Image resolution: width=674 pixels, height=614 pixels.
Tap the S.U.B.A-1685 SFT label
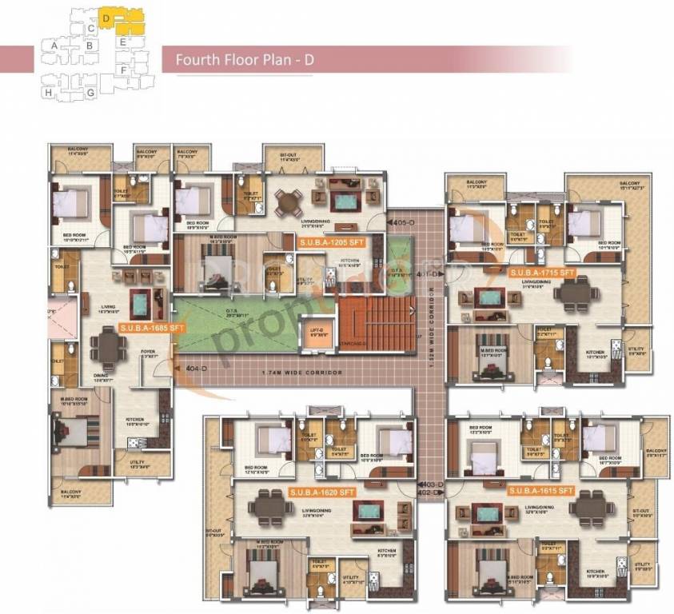153,328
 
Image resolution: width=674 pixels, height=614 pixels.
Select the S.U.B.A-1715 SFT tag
543,273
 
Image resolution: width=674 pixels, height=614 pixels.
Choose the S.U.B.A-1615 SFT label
542,488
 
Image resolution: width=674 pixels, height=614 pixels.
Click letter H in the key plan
50,93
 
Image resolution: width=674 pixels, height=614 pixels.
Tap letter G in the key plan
91,93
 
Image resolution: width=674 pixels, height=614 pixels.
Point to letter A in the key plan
54,46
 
